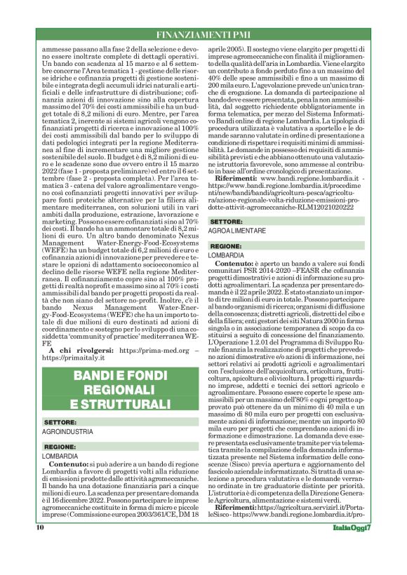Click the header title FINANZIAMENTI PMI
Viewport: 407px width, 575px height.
pos(203,34)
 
